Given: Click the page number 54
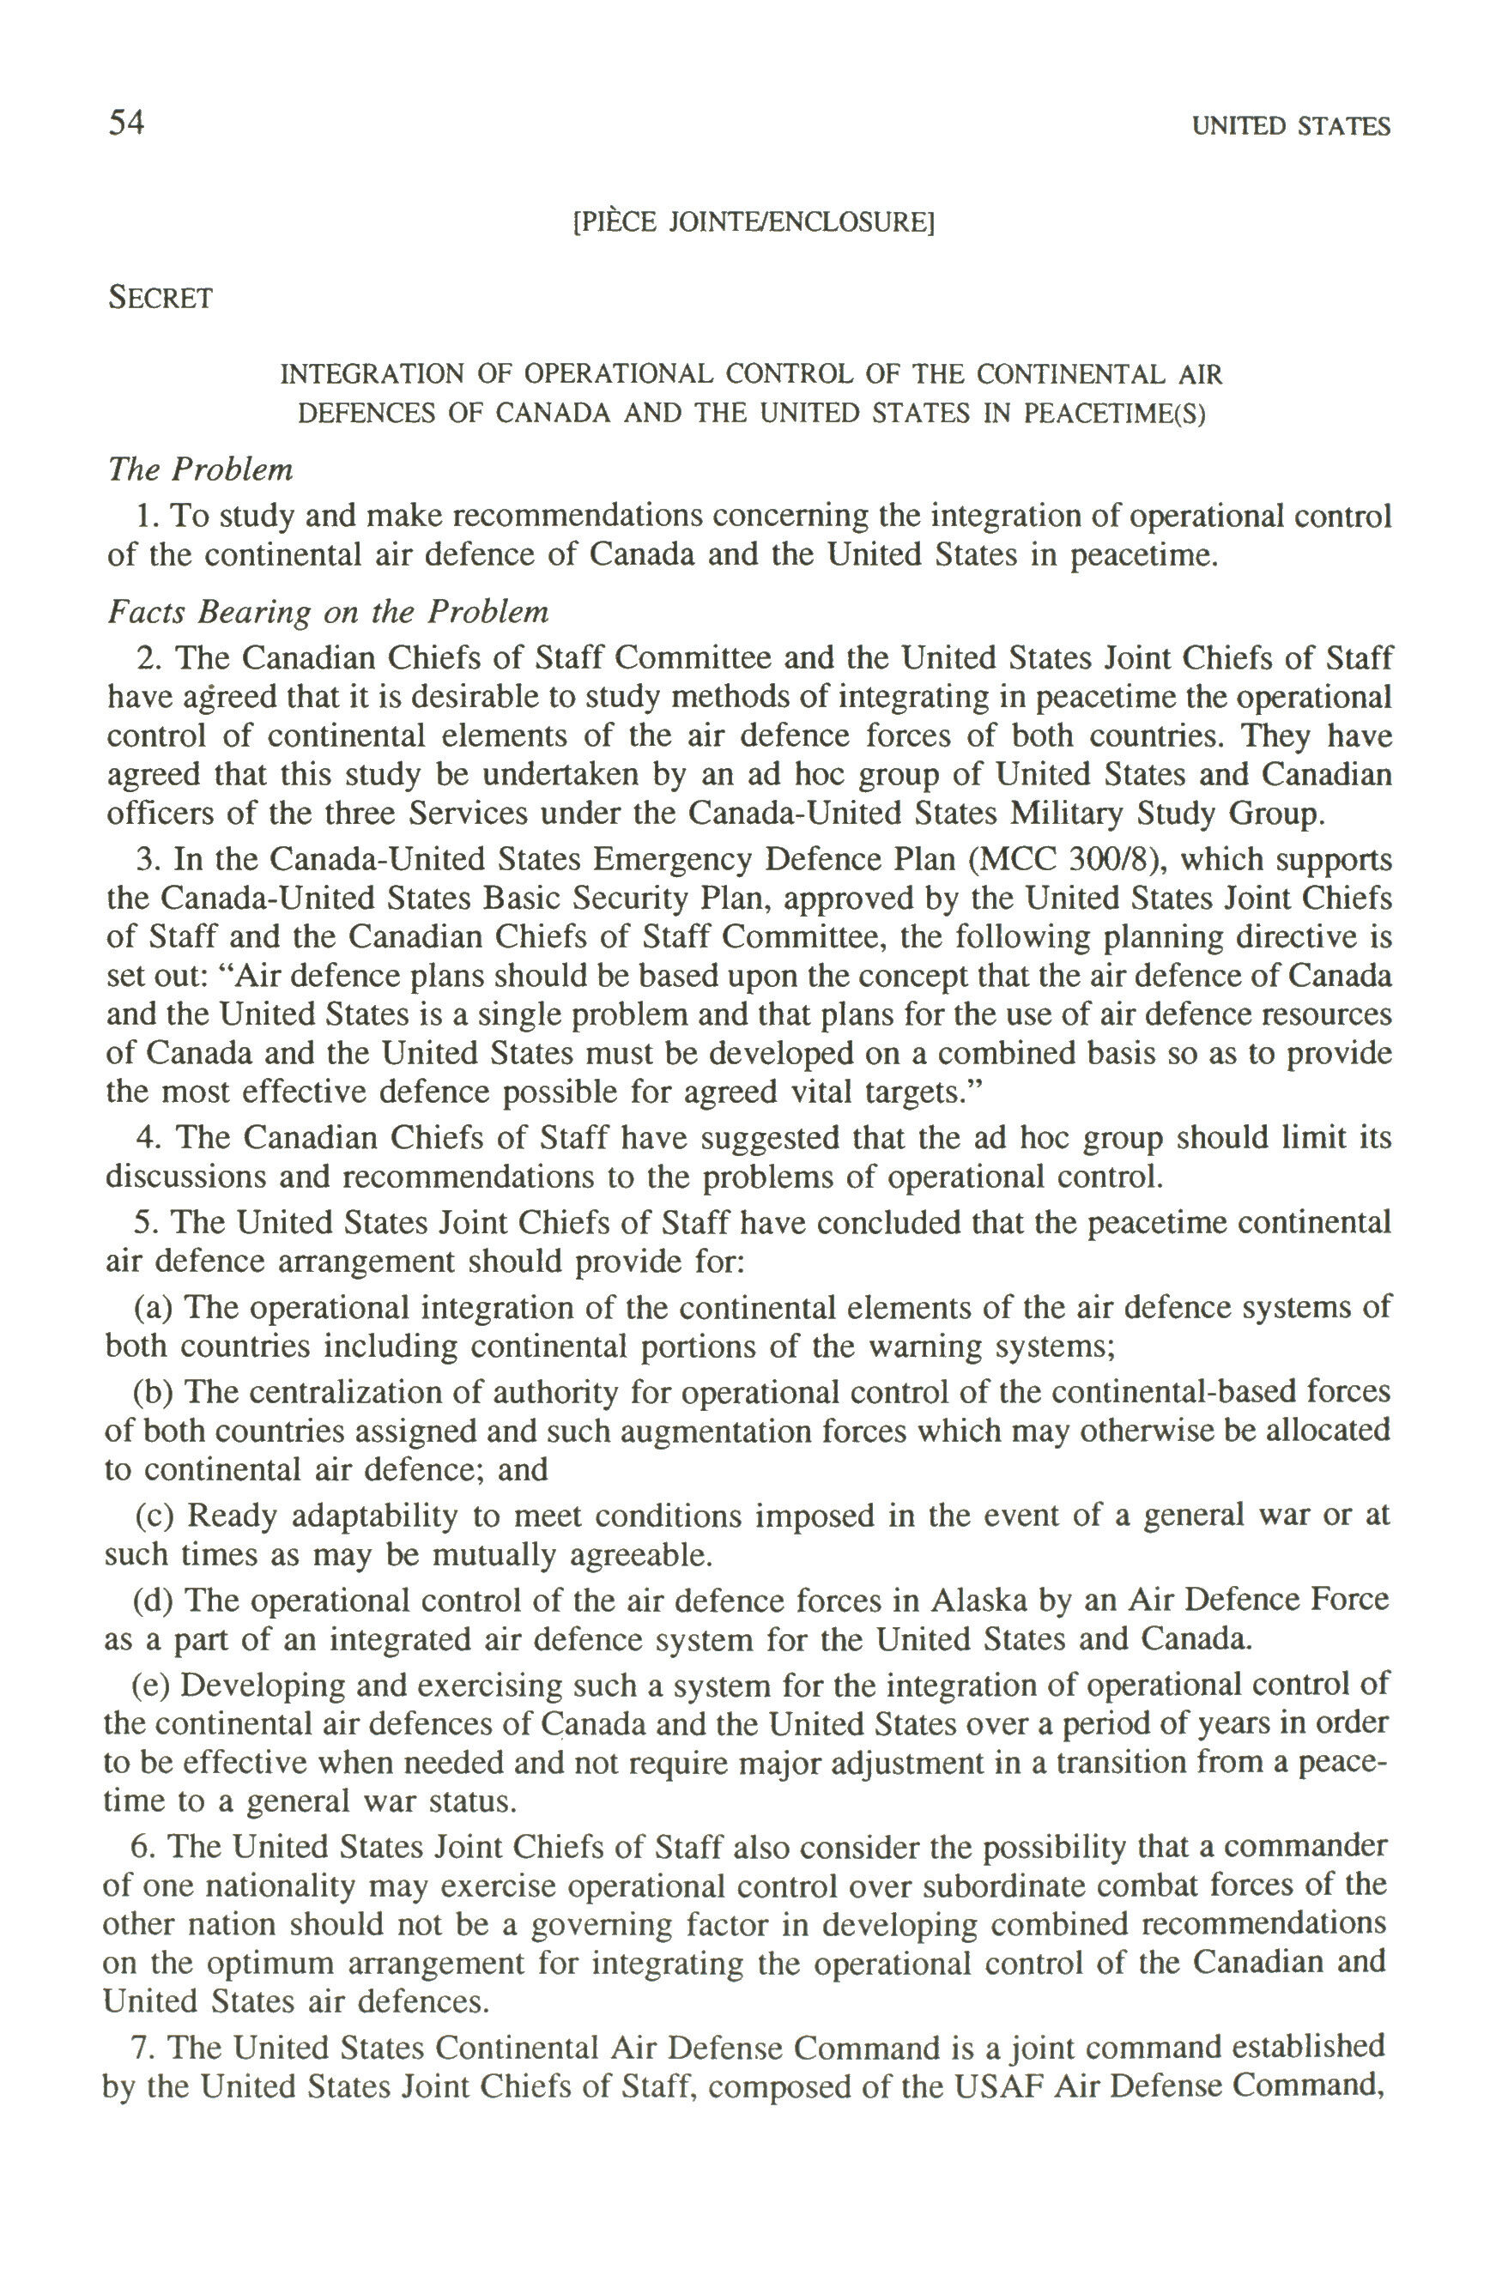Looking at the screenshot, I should pyautogui.click(x=126, y=123).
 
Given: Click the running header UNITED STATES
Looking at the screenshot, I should pyautogui.click(x=1290, y=127).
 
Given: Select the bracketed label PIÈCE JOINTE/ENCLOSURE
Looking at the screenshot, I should pyautogui.click(x=753, y=223).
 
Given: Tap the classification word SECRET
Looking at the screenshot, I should pyautogui.click(x=160, y=298).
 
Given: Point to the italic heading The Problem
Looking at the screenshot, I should pyautogui.click(x=200, y=470).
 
